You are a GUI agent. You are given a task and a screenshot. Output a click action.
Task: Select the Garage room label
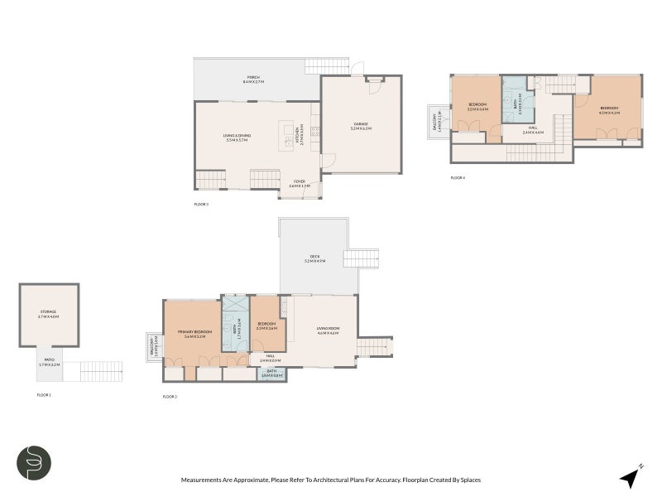(361, 126)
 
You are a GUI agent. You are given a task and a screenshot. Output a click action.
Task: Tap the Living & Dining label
(237, 138)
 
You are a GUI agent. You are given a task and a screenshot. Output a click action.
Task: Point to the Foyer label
(299, 184)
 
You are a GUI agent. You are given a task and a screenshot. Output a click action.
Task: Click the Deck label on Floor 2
(314, 258)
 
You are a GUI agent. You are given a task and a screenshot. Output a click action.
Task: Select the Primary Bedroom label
(190, 333)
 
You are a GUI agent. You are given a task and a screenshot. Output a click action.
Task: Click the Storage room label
(48, 314)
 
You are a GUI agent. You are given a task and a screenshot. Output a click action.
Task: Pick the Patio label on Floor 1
(49, 363)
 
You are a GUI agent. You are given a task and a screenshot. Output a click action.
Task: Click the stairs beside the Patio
(101, 370)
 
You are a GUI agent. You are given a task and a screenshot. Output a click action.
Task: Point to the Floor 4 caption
(458, 177)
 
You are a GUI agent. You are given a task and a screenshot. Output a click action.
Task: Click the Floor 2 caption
(170, 397)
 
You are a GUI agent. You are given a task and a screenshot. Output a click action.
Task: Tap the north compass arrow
(631, 475)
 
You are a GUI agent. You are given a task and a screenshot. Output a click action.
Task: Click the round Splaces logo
(35, 463)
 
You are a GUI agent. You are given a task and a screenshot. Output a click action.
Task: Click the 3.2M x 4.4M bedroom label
(477, 107)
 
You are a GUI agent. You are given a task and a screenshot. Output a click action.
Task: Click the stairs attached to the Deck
(361, 258)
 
